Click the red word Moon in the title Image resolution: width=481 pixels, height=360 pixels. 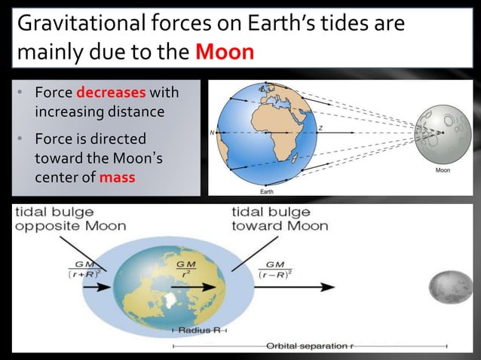tap(224, 54)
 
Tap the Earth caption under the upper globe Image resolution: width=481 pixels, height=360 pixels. tap(266, 191)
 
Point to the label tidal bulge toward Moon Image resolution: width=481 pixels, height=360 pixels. tap(279, 218)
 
